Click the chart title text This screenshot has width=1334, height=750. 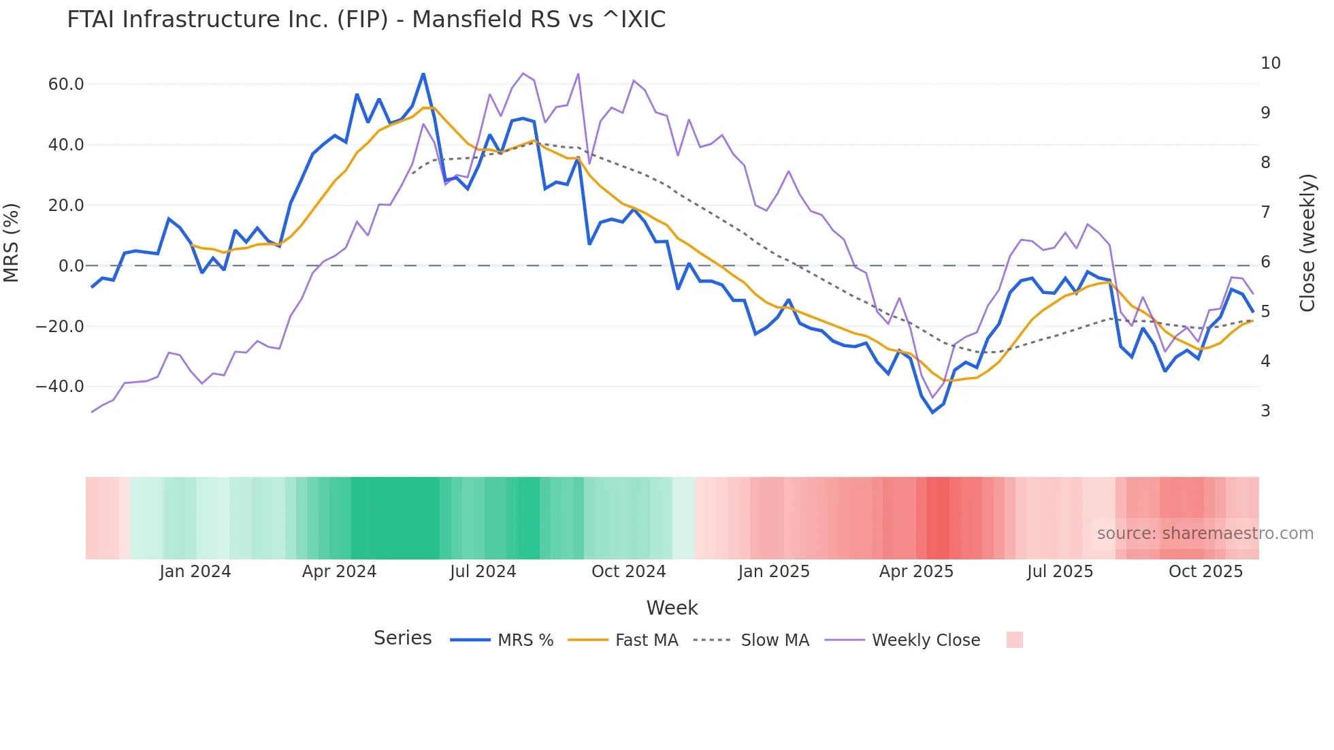pos(366,20)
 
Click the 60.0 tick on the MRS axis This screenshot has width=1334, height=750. pos(66,84)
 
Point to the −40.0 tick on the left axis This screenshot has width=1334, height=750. pos(60,387)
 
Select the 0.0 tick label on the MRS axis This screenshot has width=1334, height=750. pos(71,266)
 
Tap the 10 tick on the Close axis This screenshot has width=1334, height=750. pos(1270,63)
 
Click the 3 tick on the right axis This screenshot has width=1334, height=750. pos(1265,411)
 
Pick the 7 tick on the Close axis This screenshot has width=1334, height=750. pos(1265,212)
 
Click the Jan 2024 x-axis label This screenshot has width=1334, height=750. pos(195,572)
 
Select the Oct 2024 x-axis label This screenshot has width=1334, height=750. pos(628,572)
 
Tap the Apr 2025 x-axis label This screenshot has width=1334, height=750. pos(916,572)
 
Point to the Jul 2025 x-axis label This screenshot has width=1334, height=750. pos(1060,572)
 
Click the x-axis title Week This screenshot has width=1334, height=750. pos(672,608)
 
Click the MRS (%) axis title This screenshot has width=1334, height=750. pos(12,242)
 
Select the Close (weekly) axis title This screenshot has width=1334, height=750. pos(1307,242)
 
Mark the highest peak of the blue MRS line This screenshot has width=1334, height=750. pos(423,74)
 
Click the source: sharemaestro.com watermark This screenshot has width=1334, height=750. pos(1205,534)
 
